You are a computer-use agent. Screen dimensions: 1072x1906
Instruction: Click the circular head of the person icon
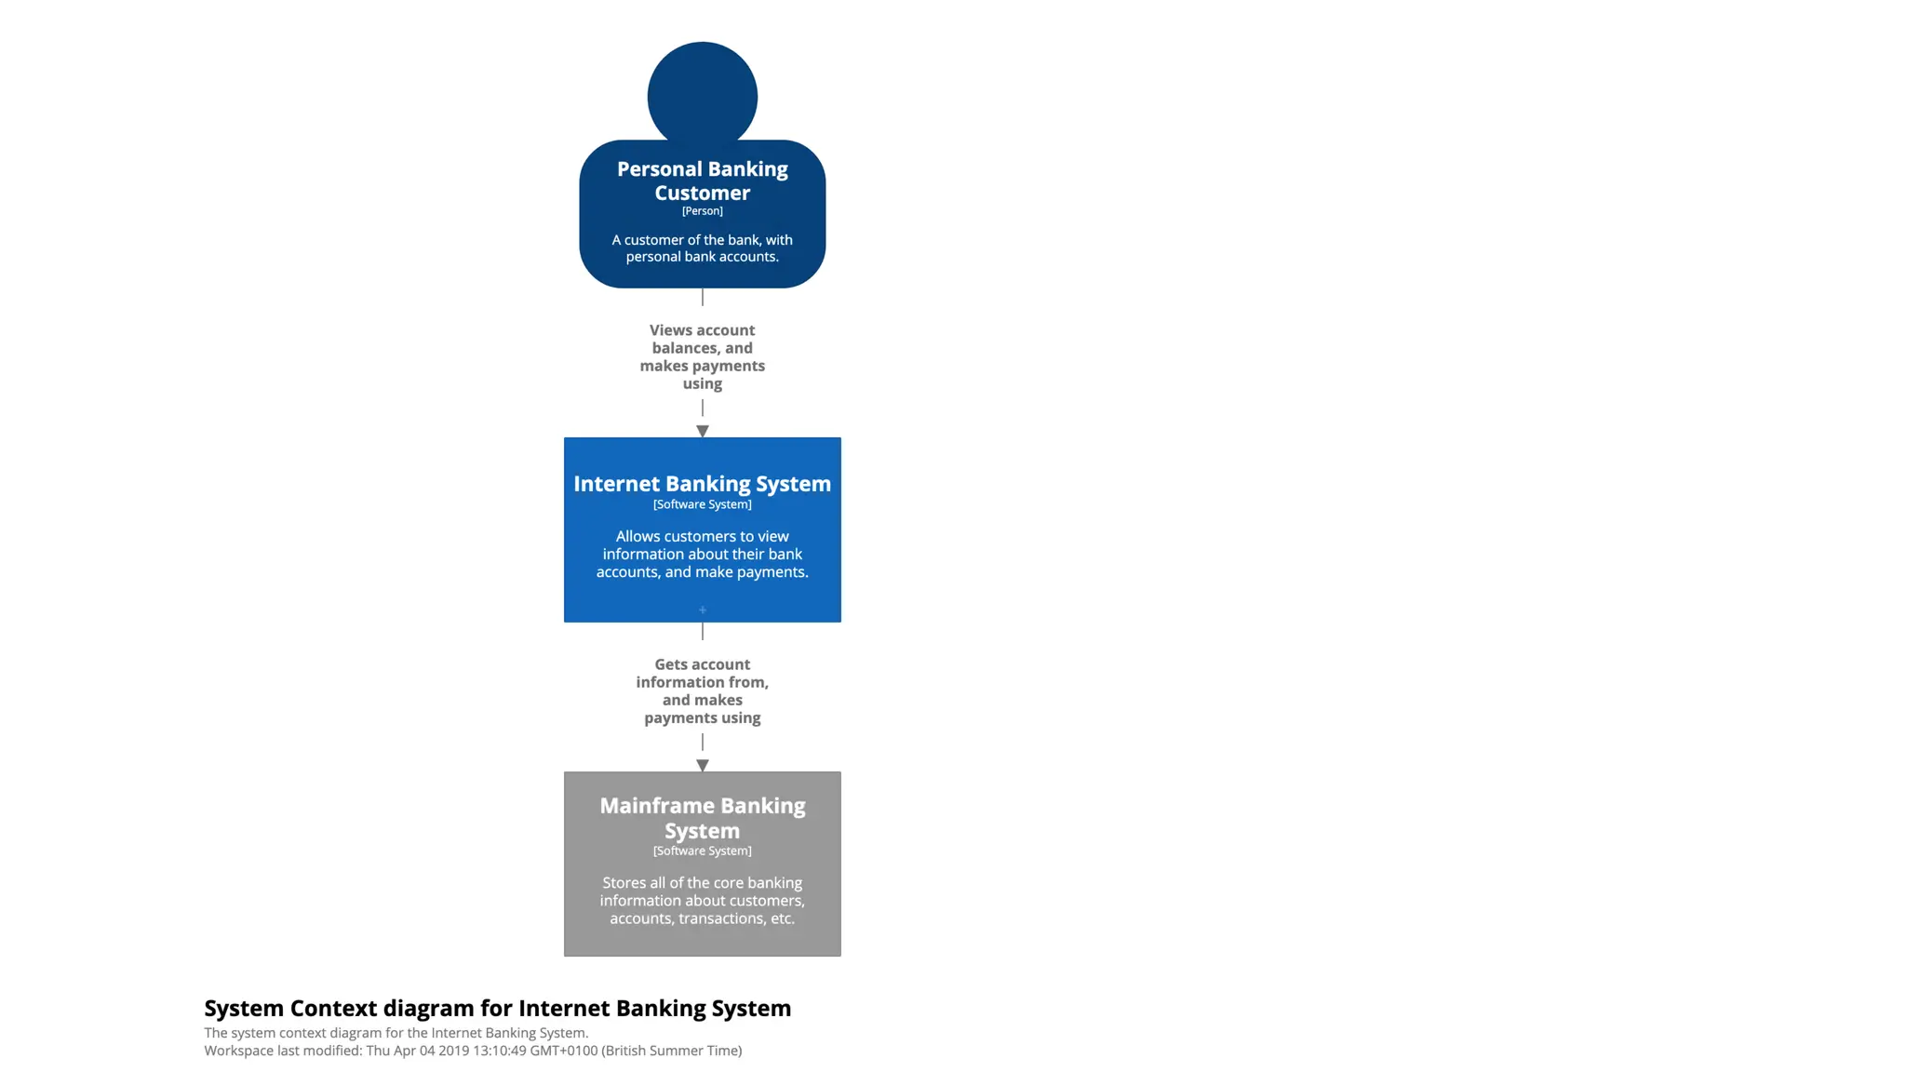click(x=702, y=93)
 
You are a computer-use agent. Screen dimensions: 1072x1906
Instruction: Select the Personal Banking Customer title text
click(x=702, y=181)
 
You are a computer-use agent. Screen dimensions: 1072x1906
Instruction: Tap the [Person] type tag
click(x=702, y=211)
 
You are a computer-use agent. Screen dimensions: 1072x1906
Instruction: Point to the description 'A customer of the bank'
click(x=702, y=248)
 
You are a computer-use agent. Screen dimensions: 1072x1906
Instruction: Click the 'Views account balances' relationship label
click(x=702, y=356)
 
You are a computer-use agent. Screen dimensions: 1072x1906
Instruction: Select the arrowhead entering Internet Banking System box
click(x=703, y=431)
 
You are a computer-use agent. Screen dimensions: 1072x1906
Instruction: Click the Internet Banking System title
click(x=702, y=484)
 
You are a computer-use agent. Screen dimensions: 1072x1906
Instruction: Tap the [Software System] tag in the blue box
click(x=702, y=504)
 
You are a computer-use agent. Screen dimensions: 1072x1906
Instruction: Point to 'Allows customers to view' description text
click(x=702, y=554)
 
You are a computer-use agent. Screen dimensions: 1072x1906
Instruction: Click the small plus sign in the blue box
click(x=703, y=610)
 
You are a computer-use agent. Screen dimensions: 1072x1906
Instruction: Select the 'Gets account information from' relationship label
click(x=702, y=690)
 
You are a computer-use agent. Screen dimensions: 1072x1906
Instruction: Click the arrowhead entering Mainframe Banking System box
click(x=703, y=765)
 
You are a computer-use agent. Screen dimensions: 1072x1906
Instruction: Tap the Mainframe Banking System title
click(x=702, y=818)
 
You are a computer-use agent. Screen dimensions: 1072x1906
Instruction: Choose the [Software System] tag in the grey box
click(x=702, y=851)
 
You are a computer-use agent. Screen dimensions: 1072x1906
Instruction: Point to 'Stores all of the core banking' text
click(x=702, y=900)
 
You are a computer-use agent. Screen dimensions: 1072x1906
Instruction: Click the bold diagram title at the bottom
click(x=497, y=1008)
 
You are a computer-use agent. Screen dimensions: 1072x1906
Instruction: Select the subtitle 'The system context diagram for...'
click(x=396, y=1033)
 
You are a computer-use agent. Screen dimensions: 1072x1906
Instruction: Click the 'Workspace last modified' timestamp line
click(x=473, y=1051)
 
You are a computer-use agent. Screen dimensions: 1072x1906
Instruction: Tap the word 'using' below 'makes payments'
click(x=702, y=383)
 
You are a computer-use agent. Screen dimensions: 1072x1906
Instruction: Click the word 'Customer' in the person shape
click(x=702, y=194)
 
